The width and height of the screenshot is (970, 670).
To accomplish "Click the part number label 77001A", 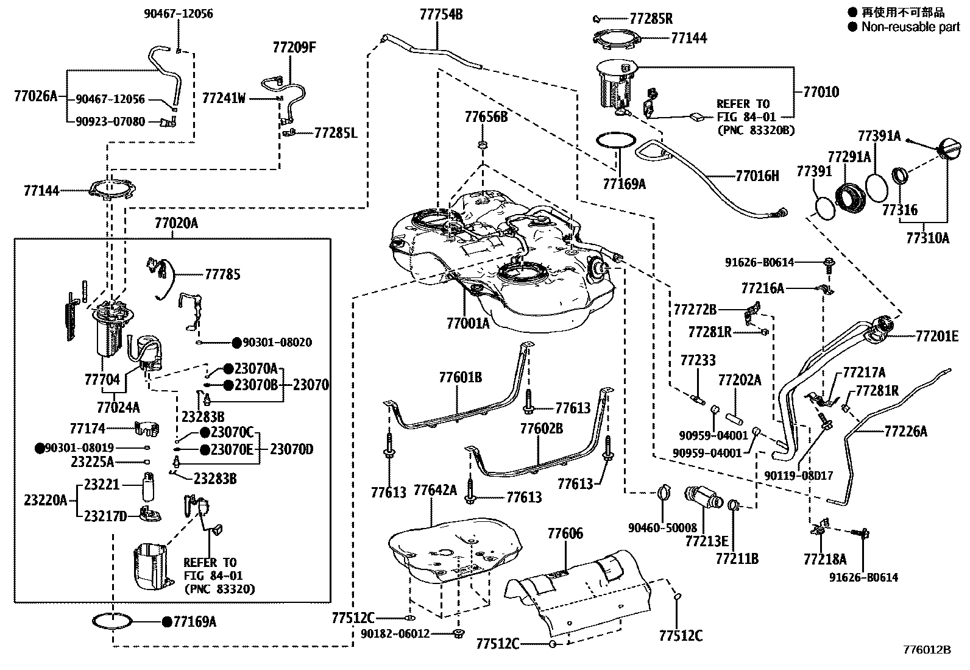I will click(467, 324).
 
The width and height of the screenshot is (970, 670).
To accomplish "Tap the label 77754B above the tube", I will click(441, 14).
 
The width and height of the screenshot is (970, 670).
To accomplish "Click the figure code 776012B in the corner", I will click(926, 649).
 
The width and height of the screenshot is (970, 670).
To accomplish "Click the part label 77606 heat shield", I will click(565, 534).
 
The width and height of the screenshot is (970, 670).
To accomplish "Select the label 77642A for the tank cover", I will click(435, 491).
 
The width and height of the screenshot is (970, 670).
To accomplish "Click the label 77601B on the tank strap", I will click(460, 378).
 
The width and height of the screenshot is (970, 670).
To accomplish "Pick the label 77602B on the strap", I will click(541, 429).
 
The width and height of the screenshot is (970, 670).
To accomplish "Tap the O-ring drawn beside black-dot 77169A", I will click(112, 621).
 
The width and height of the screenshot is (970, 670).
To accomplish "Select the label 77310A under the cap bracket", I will click(927, 237).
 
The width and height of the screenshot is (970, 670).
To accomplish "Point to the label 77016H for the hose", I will click(757, 176).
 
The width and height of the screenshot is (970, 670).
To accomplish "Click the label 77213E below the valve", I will click(706, 541).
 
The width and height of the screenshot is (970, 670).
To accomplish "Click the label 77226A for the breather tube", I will click(905, 432).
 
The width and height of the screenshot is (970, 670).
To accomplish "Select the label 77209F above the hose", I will click(294, 48).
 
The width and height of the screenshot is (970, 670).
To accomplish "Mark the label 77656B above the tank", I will click(486, 117).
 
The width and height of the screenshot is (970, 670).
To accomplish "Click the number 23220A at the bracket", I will click(46, 501).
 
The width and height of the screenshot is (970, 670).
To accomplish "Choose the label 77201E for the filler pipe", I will click(936, 336).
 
